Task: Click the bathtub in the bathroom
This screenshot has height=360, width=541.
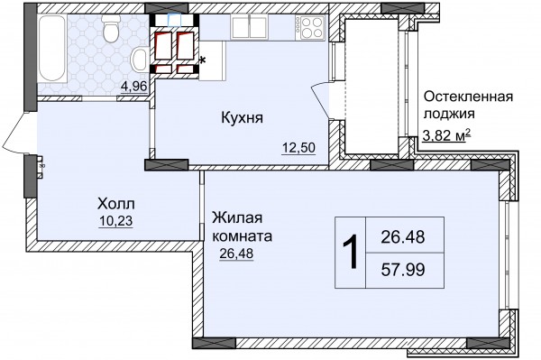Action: click(52, 48)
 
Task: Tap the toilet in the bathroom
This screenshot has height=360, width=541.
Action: click(111, 29)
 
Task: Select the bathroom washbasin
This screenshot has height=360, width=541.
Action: click(140, 60)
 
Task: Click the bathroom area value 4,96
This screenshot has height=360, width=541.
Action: click(134, 86)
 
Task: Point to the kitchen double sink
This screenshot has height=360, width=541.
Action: click(249, 27)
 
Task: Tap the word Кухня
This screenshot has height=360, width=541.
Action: click(242, 117)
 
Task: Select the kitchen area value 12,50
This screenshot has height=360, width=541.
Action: click(298, 148)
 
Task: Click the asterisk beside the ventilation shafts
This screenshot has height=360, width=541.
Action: click(203, 61)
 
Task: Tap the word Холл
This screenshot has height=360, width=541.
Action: click(116, 204)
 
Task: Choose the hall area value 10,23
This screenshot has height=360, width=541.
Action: click(115, 221)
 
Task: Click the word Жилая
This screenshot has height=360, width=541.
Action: click(237, 218)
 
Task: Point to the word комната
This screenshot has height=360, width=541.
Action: click(242, 236)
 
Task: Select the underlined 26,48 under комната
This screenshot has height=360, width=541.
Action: click(236, 254)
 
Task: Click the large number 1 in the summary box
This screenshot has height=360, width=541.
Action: click(350, 252)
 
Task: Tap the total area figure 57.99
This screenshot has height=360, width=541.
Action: click(403, 270)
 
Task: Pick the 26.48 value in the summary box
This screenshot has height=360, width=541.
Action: click(403, 237)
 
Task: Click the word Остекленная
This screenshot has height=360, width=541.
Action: click(468, 97)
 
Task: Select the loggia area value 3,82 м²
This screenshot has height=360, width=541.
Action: click(447, 135)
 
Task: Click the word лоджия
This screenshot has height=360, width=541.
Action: click(449, 114)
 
